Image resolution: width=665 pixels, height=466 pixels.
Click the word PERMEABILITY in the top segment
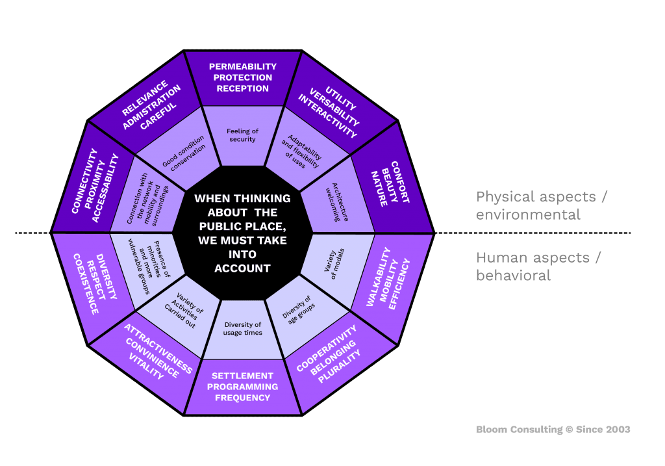pos(242,66)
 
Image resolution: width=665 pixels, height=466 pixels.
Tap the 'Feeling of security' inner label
pos(242,135)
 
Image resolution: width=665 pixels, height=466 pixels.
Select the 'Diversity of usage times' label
pos(242,328)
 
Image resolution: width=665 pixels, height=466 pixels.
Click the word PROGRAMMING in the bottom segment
pos(242,387)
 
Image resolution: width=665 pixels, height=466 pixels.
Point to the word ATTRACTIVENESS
pos(158,348)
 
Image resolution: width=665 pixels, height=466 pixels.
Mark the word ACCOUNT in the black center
pos(242,268)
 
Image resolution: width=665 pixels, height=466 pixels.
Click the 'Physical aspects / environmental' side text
pos(542,205)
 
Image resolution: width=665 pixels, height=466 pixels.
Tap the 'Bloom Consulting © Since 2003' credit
pos(553,429)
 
